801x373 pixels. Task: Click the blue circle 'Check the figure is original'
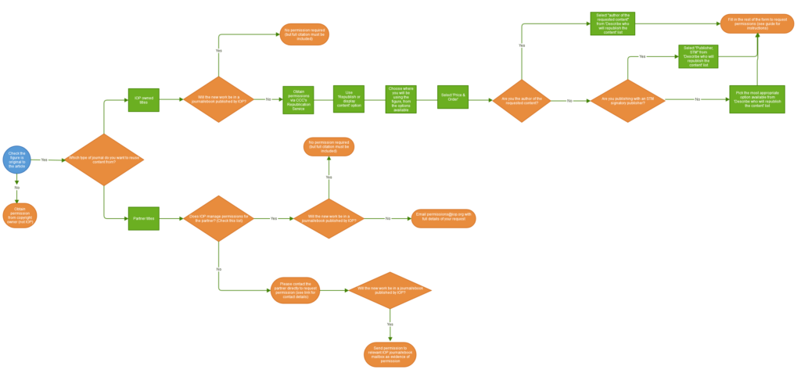pyautogui.click(x=16, y=160)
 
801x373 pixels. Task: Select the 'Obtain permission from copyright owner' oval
pyautogui.click(x=20, y=216)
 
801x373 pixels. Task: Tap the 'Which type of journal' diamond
pyautogui.click(x=104, y=160)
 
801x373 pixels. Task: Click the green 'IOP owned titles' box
pyautogui.click(x=144, y=100)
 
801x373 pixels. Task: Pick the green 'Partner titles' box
pyautogui.click(x=144, y=219)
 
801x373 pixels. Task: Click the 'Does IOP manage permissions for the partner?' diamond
pyautogui.click(x=219, y=219)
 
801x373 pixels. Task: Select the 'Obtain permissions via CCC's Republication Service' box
pyautogui.click(x=298, y=100)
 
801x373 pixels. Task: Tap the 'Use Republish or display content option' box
pyautogui.click(x=349, y=99)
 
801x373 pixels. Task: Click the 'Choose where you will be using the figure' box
pyautogui.click(x=400, y=99)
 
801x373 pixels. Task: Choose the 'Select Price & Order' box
pyautogui.click(x=453, y=97)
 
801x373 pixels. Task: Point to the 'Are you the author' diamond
pyautogui.click(x=522, y=101)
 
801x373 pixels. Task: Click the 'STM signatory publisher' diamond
pyautogui.click(x=627, y=101)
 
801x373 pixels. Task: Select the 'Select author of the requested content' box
pyautogui.click(x=612, y=23)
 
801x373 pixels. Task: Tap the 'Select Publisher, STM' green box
pyautogui.click(x=698, y=56)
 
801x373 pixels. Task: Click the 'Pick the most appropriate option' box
pyautogui.click(x=756, y=100)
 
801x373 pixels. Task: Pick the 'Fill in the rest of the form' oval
pyautogui.click(x=756, y=23)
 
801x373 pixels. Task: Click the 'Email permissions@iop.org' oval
pyautogui.click(x=444, y=219)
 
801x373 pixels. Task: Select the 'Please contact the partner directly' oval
pyautogui.click(x=295, y=290)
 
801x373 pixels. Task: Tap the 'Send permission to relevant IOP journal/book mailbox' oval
pyautogui.click(x=390, y=354)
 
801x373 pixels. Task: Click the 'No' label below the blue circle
pyautogui.click(x=17, y=188)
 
